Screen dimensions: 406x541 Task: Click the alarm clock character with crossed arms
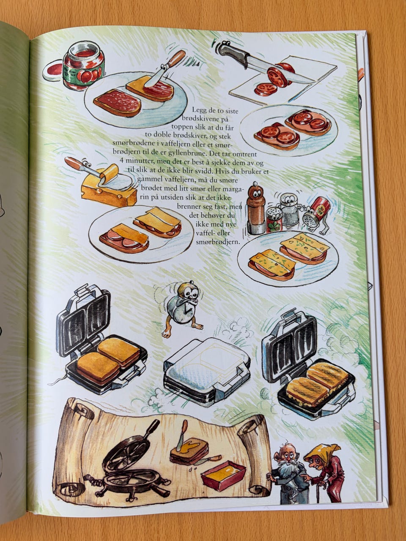(x=182, y=306)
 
